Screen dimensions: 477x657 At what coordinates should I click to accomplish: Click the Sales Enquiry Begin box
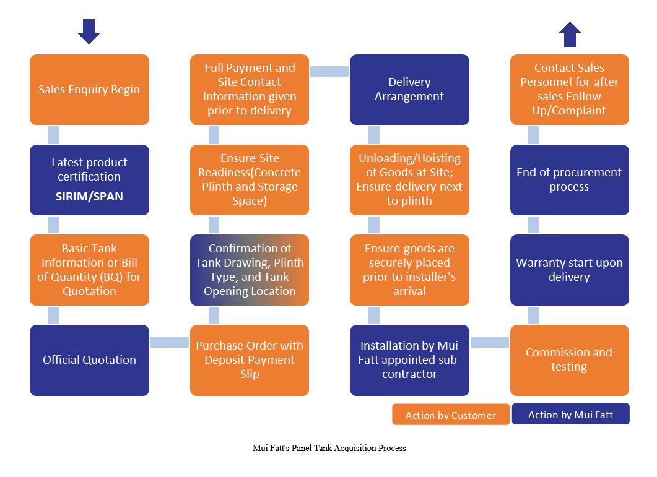[89, 90]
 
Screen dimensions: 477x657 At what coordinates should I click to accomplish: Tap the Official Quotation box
[89, 360]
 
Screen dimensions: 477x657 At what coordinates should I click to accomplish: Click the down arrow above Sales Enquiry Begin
[89, 32]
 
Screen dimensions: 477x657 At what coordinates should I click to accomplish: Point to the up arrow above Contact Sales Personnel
[569, 35]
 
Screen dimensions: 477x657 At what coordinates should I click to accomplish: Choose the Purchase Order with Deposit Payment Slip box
[250, 360]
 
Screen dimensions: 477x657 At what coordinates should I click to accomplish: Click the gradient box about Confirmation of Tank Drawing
[250, 270]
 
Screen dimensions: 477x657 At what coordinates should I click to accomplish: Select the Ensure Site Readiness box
[250, 180]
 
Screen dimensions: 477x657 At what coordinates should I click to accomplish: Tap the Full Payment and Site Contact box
[250, 90]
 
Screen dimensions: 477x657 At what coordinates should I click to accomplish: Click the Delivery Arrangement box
[409, 90]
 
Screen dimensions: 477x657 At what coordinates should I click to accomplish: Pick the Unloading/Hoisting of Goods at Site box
[409, 180]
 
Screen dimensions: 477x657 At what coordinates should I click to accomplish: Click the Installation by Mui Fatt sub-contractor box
[409, 360]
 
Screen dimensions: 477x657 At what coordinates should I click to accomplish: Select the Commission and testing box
[569, 360]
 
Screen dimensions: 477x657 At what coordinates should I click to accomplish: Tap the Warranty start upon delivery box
[569, 270]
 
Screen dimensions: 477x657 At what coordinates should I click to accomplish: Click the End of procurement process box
[569, 180]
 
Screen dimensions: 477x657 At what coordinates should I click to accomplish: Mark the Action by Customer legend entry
[451, 415]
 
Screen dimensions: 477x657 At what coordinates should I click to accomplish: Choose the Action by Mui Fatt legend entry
[570, 415]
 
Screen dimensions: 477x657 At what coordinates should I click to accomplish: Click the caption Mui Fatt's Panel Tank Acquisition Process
[329, 448]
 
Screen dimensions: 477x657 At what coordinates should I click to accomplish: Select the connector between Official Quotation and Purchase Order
[170, 342]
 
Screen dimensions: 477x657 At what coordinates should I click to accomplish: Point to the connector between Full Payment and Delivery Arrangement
[329, 72]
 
